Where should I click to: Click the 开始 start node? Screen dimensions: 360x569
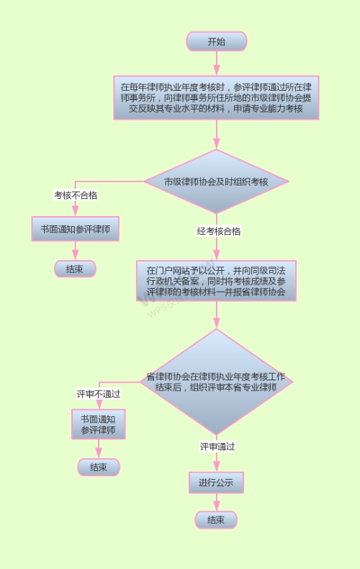coord(217,41)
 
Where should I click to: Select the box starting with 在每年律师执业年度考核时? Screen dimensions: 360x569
coord(216,98)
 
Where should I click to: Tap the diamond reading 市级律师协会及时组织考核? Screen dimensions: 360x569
coord(217,181)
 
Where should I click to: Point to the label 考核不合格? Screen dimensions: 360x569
coord(76,195)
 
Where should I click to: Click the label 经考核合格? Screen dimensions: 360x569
coord(219,231)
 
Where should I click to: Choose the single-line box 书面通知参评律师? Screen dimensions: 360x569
coord(76,229)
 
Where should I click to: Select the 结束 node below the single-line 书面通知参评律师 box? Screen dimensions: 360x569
coord(75,269)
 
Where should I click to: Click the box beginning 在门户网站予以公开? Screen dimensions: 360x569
coord(216,281)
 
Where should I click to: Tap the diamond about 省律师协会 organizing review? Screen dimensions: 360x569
coord(216,382)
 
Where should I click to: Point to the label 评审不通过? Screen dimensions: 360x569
coord(99,394)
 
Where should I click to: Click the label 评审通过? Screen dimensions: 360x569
coord(217,447)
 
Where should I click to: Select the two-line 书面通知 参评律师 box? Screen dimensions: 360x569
coord(99,424)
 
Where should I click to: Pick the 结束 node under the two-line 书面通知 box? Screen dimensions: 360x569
coord(99,467)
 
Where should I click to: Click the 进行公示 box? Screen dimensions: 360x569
coord(216,483)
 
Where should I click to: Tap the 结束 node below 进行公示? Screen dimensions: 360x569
coord(216,520)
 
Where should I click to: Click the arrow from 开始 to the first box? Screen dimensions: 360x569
coord(217,63)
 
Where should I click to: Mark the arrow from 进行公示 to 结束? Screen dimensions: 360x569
coord(217,502)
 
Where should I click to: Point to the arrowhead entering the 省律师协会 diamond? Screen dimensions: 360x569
coord(217,323)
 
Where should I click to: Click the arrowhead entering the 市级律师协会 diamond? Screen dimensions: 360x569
coord(217,144)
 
